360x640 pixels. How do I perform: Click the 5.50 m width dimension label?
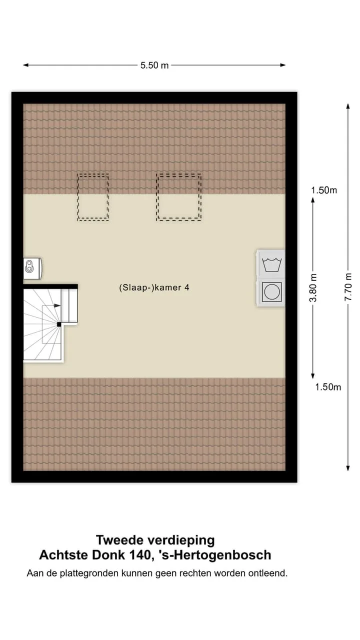click(x=154, y=65)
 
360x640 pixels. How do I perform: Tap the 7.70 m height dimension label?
click(x=348, y=287)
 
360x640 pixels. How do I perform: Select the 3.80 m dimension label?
click(x=313, y=287)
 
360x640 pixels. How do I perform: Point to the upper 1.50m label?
click(x=324, y=190)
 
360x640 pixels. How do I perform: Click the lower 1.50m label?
click(x=328, y=387)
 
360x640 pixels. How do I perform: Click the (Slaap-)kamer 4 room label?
click(x=154, y=287)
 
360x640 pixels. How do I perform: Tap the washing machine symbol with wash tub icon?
click(x=271, y=264)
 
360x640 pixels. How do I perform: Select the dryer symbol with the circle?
click(x=271, y=292)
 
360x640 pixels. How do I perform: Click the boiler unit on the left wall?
click(x=32, y=268)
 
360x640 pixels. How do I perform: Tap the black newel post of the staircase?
click(x=59, y=324)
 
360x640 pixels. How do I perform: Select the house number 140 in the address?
click(x=140, y=555)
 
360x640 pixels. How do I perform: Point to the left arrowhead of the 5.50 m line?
click(x=25, y=65)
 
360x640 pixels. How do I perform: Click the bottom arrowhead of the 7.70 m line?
click(x=348, y=468)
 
